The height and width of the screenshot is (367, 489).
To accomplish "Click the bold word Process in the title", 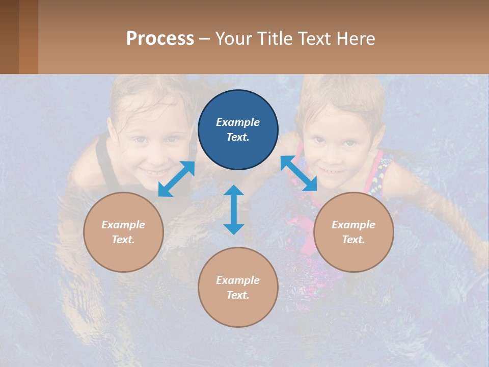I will (x=160, y=39).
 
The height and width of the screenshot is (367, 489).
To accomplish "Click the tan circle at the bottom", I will (x=238, y=311).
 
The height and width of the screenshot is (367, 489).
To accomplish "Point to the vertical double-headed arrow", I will (x=234, y=209).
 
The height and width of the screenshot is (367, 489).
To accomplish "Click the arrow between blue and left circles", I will (x=176, y=179).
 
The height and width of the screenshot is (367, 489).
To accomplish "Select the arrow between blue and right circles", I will (x=299, y=173).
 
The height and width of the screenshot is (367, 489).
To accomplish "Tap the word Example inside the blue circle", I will (x=238, y=122).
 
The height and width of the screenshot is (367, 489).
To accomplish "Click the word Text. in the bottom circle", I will (x=238, y=295).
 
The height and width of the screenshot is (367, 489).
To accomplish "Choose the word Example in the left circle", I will (x=123, y=225).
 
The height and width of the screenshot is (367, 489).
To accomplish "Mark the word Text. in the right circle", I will (x=354, y=240).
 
